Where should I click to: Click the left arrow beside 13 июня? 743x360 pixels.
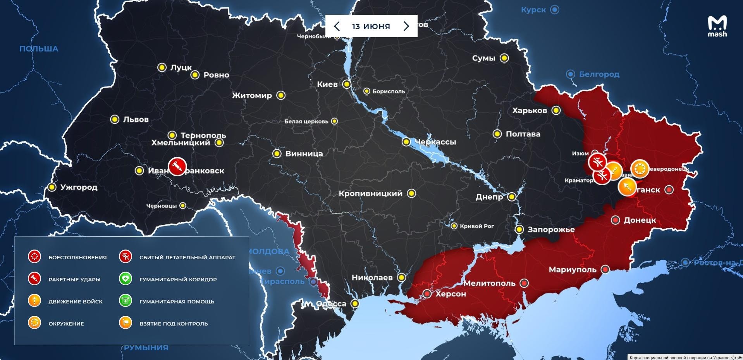coord(337,26)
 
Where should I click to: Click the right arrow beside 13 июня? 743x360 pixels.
coord(406,26)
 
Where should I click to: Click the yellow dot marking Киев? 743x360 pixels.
coord(347,84)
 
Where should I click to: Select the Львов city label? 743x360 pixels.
coord(136,119)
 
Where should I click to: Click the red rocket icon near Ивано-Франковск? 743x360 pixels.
coord(177,167)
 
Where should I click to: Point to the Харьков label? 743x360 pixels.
coord(529,110)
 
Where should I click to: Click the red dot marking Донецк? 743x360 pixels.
coord(615,220)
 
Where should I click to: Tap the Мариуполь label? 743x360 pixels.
coord(572,269)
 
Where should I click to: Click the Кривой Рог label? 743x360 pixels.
coord(476,226)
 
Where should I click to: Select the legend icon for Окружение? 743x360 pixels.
coord(34,323)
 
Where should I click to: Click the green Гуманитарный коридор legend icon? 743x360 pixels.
coord(126,279)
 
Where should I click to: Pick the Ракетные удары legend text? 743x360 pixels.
coord(74,279)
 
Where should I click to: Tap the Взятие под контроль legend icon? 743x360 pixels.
coord(126,323)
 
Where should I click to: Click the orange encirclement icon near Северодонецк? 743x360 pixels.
coord(640,169)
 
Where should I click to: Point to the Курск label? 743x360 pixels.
coord(533,10)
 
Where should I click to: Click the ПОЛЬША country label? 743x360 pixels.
coord(39,49)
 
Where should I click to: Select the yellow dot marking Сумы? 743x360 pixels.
coord(504,58)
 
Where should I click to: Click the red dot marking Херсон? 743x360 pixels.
coord(427,294)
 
